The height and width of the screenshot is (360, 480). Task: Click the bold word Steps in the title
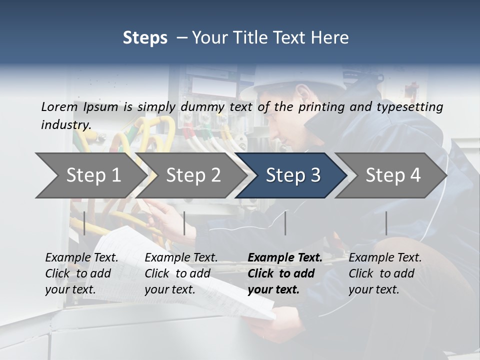point(145,38)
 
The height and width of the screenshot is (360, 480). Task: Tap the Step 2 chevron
point(193,175)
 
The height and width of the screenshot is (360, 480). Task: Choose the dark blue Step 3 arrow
point(292,175)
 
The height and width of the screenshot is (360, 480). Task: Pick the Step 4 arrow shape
point(393,175)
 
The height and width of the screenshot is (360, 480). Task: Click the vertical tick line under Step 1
point(84,223)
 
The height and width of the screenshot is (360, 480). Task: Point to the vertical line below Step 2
point(184,223)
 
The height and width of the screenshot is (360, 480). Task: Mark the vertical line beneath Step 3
point(285,223)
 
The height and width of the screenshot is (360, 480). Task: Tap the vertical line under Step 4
point(386,223)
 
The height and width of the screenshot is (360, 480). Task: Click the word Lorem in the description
point(59,106)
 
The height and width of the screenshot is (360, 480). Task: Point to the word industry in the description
point(66,124)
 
